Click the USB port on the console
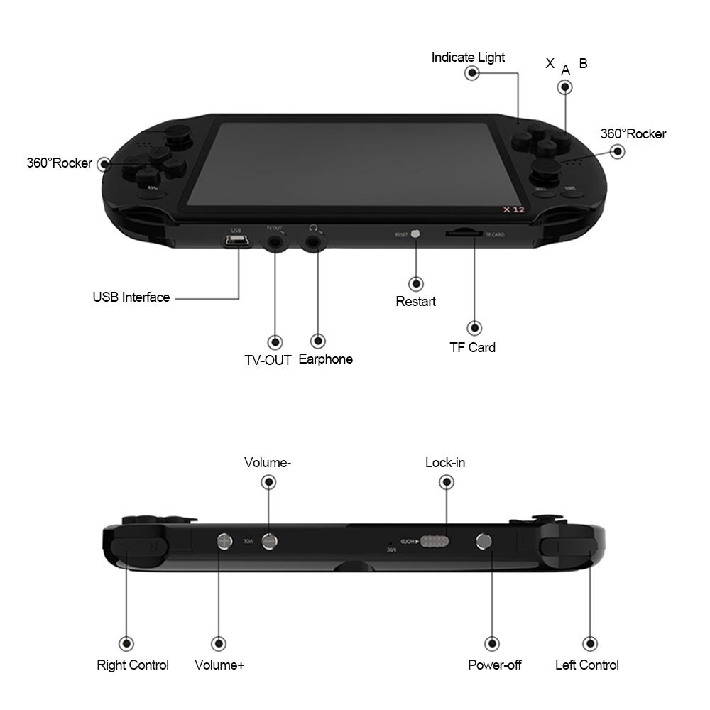click(x=237, y=243)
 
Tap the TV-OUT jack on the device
click(x=275, y=244)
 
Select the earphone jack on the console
click(x=313, y=244)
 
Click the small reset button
click(x=416, y=233)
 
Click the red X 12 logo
click(x=513, y=210)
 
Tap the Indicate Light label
click(x=468, y=58)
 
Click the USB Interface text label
click(x=131, y=297)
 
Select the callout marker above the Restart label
click(x=416, y=283)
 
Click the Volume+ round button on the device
click(x=224, y=541)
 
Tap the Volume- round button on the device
click(x=269, y=541)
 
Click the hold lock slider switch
click(x=434, y=542)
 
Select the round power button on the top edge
click(x=484, y=542)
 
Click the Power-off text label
click(x=495, y=665)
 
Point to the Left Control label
click(x=586, y=665)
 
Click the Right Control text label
click(x=133, y=665)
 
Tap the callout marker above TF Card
click(x=474, y=328)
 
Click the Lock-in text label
click(x=445, y=463)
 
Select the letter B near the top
click(x=583, y=64)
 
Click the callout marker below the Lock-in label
click(x=447, y=482)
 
